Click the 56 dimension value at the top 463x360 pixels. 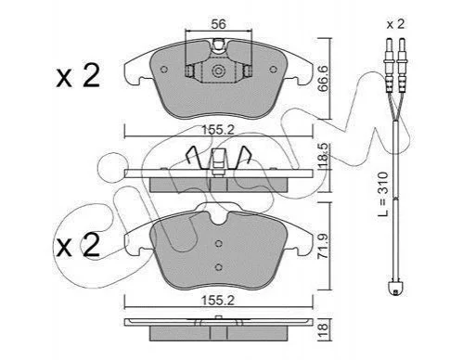[218, 24]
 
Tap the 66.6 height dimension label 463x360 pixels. [324, 78]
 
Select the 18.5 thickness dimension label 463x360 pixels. [324, 156]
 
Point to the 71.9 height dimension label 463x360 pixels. [324, 246]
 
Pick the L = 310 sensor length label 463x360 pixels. [383, 194]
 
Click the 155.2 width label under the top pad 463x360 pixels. [218, 130]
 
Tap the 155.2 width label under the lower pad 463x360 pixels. [218, 300]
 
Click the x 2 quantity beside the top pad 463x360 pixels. [78, 75]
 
